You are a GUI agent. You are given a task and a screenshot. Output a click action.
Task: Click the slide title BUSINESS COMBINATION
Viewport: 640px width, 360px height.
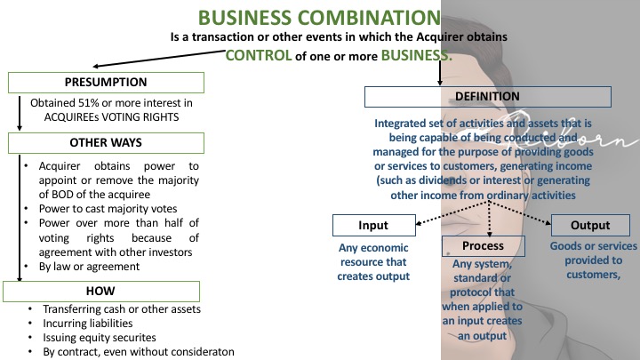[319, 18]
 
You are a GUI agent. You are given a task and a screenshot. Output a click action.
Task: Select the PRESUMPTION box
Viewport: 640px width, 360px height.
[105, 83]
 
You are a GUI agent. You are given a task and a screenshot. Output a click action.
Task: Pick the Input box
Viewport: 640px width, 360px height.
[373, 225]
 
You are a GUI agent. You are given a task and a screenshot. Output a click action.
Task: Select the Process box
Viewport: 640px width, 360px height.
[483, 245]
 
